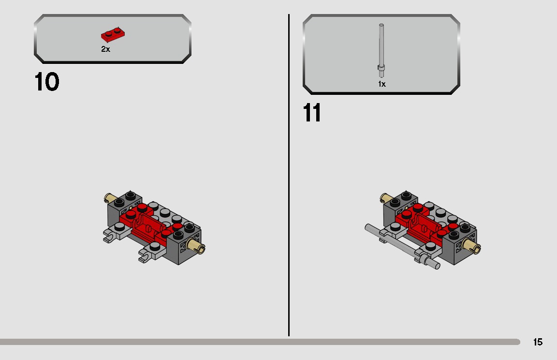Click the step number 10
(x=47, y=82)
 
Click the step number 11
(x=312, y=113)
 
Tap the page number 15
(x=538, y=342)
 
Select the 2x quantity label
(x=105, y=49)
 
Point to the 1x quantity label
(x=382, y=84)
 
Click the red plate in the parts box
(x=114, y=34)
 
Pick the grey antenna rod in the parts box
(x=381, y=48)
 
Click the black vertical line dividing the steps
(x=289, y=174)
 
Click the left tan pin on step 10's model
(x=109, y=197)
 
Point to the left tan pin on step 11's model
(x=385, y=197)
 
